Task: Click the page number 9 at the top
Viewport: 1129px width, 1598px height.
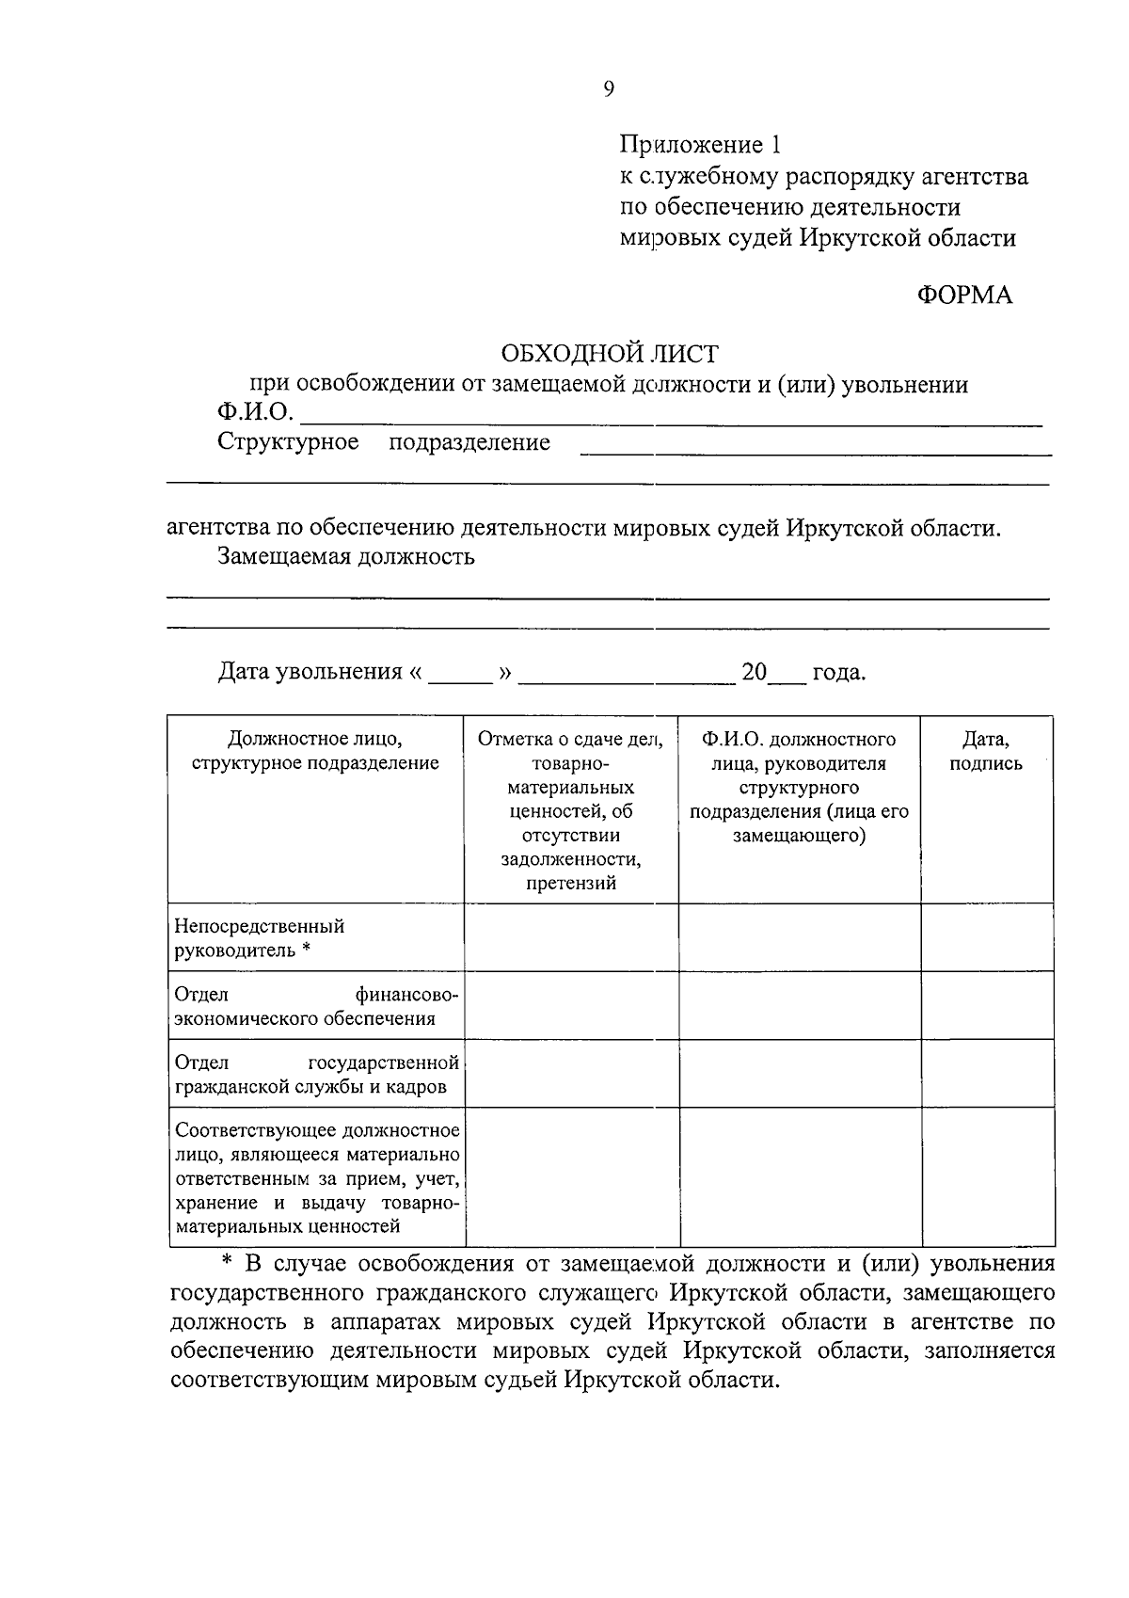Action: click(609, 89)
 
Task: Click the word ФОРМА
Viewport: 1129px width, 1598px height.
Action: click(965, 296)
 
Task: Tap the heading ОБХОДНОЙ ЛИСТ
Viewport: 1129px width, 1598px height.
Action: click(609, 354)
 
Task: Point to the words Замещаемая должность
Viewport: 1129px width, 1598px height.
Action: click(346, 557)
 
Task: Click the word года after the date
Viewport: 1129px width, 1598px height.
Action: click(837, 673)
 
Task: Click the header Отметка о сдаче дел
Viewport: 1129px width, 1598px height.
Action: click(571, 740)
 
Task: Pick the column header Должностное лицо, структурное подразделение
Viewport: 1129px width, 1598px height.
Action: click(315, 752)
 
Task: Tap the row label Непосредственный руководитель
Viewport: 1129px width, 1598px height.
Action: click(260, 938)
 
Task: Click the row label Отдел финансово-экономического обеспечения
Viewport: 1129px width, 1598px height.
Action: click(316, 1006)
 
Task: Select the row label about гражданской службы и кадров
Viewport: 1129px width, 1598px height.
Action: click(316, 1075)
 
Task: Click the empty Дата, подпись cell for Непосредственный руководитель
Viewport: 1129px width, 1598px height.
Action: click(986, 937)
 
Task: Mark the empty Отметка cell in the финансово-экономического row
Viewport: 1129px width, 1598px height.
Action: click(571, 1005)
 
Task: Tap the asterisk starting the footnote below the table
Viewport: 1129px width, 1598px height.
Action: click(226, 1264)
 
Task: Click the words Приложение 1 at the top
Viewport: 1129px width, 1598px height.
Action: click(700, 145)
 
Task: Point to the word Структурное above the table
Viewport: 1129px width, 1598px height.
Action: click(288, 442)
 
